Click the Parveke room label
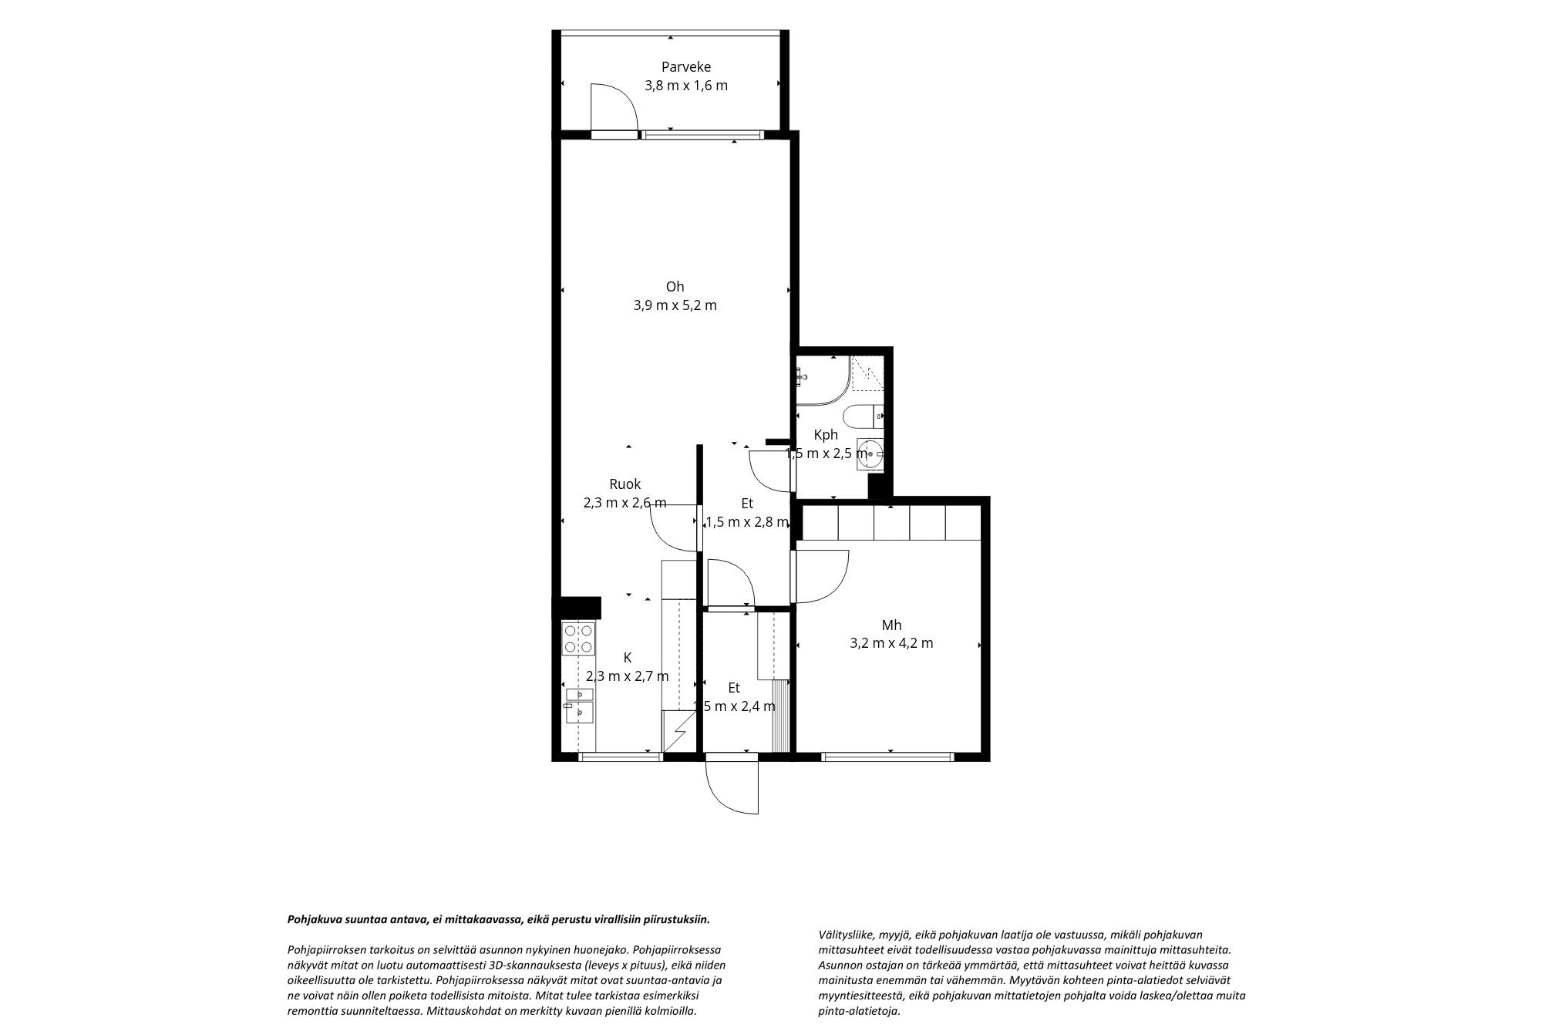coord(685,67)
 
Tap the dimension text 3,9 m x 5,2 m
coord(675,305)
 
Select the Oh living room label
coord(675,287)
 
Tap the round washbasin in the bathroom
coord(870,453)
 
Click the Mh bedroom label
coord(892,625)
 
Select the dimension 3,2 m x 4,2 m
coord(892,643)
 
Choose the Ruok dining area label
coord(625,484)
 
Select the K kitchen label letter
coord(628,658)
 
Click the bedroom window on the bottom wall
coord(891,757)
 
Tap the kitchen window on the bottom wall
coord(621,757)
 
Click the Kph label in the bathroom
coord(826,435)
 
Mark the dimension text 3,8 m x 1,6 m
coord(686,86)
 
